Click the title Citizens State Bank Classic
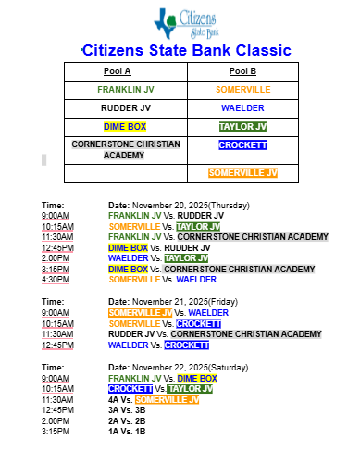pos(187,51)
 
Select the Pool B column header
pos(242,70)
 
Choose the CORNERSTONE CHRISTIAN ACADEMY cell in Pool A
pos(116,149)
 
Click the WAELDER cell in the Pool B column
pos(243,107)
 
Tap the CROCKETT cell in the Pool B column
pos(243,145)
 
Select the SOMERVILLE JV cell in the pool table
pos(242,172)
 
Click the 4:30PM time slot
pos(56,279)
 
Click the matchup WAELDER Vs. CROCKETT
pos(158,345)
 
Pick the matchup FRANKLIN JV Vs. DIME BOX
pos(162,379)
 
